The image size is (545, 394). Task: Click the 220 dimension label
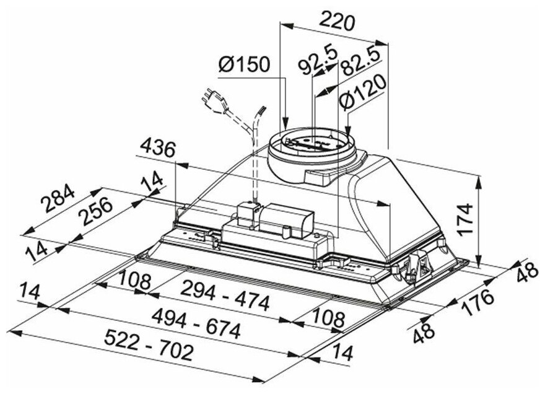click(336, 23)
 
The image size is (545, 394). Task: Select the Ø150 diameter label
click(246, 63)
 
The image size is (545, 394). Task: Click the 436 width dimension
click(158, 149)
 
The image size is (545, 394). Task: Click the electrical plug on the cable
click(211, 100)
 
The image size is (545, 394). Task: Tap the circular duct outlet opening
click(314, 142)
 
